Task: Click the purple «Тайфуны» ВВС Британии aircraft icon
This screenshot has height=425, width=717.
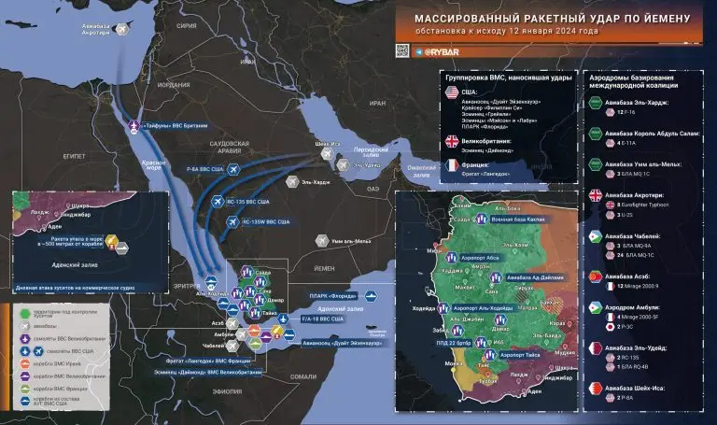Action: coord(133,125)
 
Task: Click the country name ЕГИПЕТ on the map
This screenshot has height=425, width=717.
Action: coord(49,155)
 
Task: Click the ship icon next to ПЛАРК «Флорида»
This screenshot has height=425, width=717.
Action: coord(371,297)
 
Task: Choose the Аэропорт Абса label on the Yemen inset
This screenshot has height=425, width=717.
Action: coord(483,255)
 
